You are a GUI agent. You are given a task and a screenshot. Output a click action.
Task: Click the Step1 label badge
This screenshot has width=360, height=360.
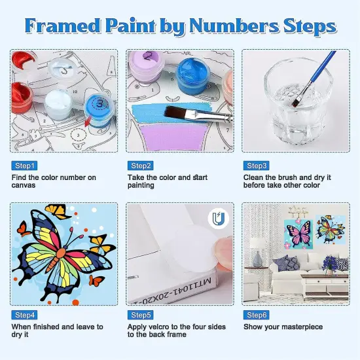[x=24, y=166]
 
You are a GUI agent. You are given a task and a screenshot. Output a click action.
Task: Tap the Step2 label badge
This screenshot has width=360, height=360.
[x=141, y=166]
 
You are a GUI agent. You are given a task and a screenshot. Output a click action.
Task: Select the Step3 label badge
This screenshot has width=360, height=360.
[x=256, y=166]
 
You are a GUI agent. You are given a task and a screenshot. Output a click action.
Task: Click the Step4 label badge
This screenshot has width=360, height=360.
[x=24, y=315]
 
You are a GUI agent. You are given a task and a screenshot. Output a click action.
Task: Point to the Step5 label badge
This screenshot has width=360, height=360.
[x=141, y=315]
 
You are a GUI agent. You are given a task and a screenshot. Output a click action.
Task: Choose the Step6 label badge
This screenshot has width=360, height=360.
[x=256, y=315]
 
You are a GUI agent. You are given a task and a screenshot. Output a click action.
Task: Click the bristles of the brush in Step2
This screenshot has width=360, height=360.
[x=176, y=112]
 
